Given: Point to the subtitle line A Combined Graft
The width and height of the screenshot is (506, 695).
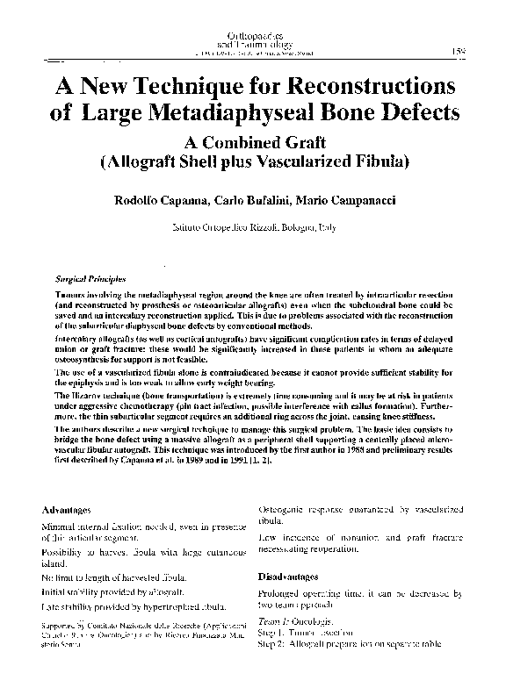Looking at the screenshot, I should click(x=253, y=142).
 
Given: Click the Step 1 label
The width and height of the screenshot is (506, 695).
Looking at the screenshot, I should click(x=271, y=632).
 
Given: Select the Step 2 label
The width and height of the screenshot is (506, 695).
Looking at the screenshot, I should click(x=271, y=644).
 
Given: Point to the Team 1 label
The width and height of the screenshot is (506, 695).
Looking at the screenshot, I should click(x=273, y=620).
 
